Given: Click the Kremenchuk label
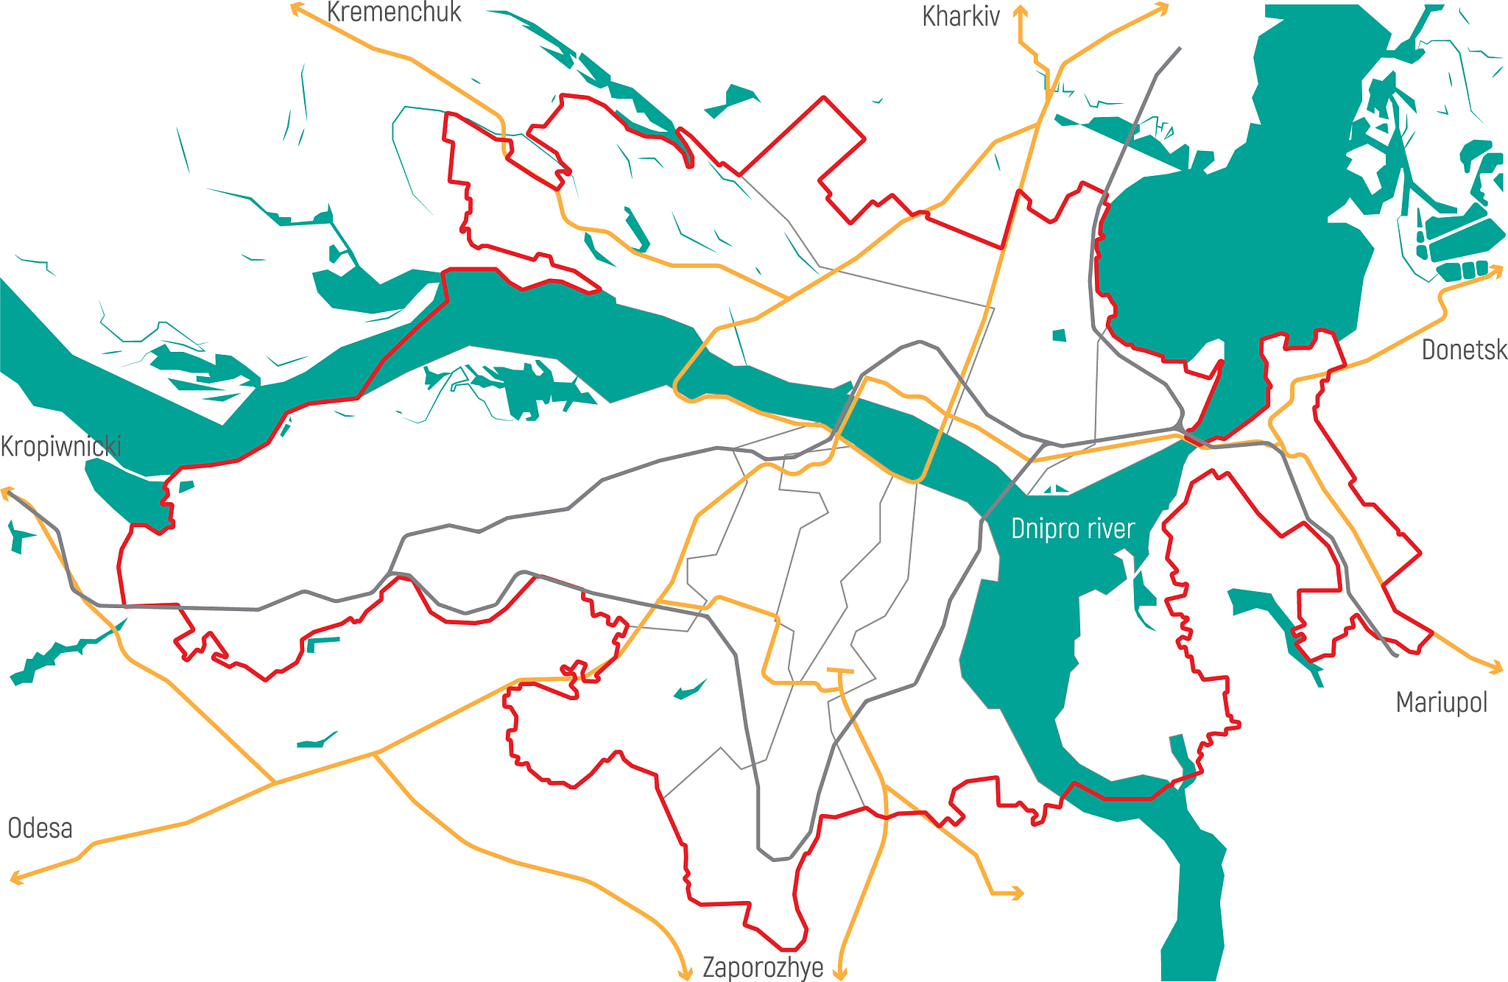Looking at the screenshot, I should pos(394,13).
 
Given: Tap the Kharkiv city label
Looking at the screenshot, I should pos(961,17).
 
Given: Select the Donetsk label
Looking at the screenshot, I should pos(1464,350).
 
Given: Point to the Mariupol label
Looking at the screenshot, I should pos(1441,703).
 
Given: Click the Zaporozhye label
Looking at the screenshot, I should pos(763,967).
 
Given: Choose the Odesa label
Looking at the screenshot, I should pos(40,829).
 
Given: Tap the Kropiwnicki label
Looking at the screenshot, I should pos(60,447).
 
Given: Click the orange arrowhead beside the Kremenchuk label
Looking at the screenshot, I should pos(296,9).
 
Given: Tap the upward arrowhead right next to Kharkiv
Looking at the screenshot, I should pos(1020,10).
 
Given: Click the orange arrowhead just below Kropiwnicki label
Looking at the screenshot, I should pos(7,492).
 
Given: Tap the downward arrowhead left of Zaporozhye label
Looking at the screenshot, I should pos(686,975).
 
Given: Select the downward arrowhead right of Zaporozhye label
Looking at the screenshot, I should pos(840,974).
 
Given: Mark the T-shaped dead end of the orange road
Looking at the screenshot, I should pos(840,671).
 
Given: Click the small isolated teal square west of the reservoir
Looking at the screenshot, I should pos(1060,336).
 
